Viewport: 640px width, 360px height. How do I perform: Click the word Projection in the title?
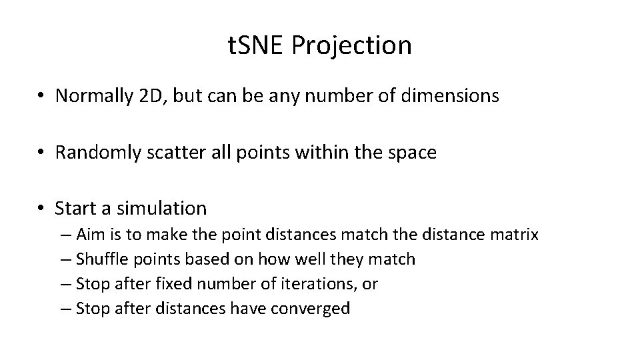(x=352, y=46)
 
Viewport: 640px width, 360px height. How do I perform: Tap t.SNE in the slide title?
(x=256, y=45)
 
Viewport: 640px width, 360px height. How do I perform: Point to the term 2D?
(x=153, y=96)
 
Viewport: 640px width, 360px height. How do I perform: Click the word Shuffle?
(x=100, y=259)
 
